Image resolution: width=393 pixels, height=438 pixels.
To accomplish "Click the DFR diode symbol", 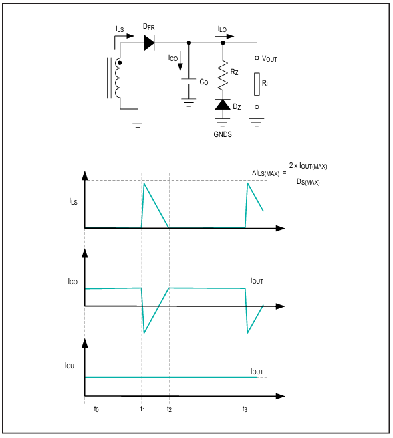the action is click(x=149, y=43).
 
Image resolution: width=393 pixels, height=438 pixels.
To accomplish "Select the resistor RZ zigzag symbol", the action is click(x=223, y=76).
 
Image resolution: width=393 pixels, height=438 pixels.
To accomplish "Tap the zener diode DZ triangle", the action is click(x=223, y=104).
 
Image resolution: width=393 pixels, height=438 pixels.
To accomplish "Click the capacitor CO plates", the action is click(x=188, y=82).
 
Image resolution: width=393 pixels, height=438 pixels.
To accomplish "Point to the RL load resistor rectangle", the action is click(x=257, y=84).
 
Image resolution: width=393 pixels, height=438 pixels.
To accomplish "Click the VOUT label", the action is click(x=269, y=59).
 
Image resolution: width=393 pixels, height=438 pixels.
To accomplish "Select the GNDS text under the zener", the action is click(x=223, y=134).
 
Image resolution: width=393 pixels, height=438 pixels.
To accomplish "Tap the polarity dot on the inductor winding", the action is click(x=120, y=63).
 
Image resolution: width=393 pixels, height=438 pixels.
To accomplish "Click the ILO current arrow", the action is click(x=225, y=36).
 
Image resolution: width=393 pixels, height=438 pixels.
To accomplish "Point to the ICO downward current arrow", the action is click(x=180, y=61).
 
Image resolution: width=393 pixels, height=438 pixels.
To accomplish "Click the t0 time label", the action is click(x=96, y=409).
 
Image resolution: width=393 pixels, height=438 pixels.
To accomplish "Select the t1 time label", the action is click(x=142, y=409).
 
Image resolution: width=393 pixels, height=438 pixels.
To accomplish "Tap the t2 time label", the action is click(x=169, y=409).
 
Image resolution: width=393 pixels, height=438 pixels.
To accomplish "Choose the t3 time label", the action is click(x=245, y=409).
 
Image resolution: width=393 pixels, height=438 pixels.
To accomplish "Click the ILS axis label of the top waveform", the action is click(x=73, y=201).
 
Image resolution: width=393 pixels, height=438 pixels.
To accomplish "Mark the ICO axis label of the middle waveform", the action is click(x=73, y=282).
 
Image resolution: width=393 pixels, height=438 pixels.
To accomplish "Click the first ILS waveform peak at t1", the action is click(x=144, y=183).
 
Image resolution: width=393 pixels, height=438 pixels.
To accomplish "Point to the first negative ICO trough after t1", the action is click(x=144, y=333).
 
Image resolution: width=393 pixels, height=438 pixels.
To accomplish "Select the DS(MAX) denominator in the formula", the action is click(x=308, y=182).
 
